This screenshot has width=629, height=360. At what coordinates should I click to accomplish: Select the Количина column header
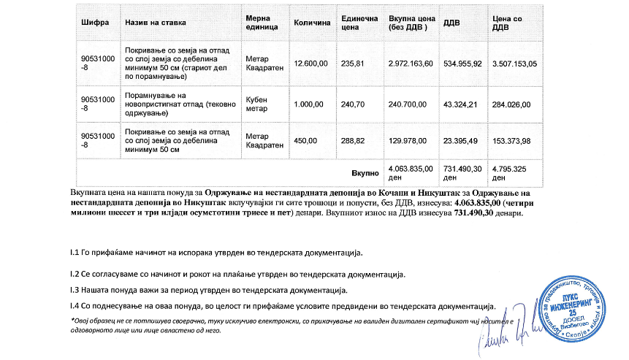312,23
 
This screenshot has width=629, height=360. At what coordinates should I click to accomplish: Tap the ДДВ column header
451,23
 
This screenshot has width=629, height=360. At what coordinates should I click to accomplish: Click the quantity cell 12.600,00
309,64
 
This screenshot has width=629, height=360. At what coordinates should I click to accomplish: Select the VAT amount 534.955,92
463,64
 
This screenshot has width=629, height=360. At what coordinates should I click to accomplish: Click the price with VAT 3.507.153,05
515,64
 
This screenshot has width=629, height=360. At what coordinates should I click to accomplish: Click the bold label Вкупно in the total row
366,172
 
